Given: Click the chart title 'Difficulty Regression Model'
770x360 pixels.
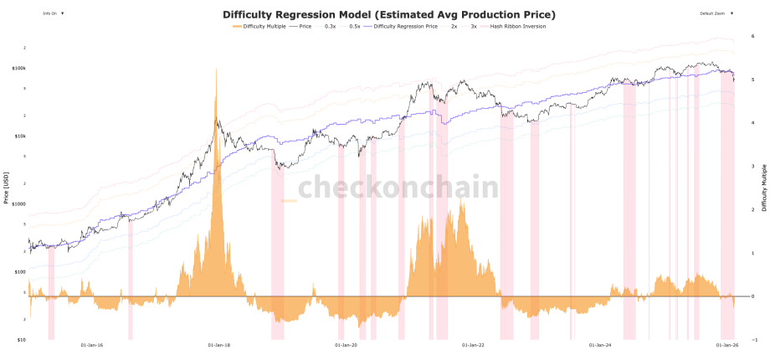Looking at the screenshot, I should pos(389,15).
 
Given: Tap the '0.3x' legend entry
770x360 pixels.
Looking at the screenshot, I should pos(330,27).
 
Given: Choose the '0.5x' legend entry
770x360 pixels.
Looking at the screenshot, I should pos(355,27).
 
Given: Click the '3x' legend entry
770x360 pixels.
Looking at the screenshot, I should pos(473,27).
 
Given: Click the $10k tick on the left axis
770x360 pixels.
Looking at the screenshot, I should pos(21,136).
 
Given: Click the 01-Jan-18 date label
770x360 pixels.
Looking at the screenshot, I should pos(218,344).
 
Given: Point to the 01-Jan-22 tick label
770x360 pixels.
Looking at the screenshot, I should pos(473,344).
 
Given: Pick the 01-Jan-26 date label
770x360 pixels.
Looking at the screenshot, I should pos(726,344).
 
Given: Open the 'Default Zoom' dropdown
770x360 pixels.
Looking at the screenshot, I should pos(718,14).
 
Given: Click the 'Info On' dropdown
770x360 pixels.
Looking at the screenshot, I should pos(54,14).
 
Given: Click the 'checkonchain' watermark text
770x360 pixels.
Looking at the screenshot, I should pos(398,188).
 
